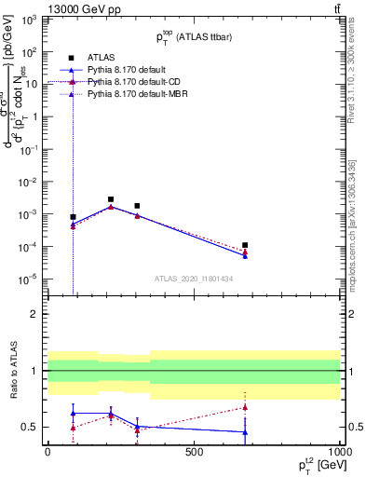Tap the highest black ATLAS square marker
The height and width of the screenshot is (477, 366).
click(111, 199)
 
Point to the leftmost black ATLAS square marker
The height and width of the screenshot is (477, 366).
click(73, 217)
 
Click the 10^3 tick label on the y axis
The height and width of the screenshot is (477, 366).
click(30, 19)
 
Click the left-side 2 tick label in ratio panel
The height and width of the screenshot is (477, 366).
click(34, 314)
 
